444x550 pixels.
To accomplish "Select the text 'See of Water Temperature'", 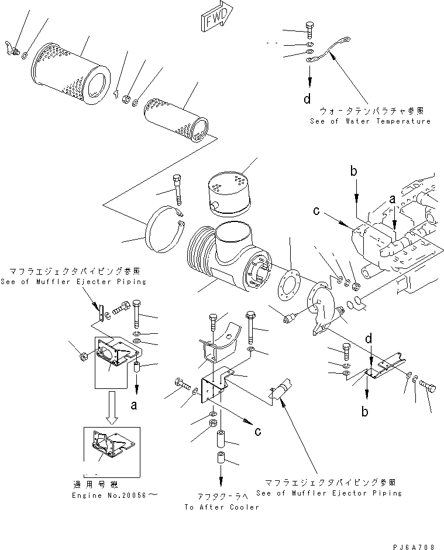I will pyautogui.click(x=370, y=121).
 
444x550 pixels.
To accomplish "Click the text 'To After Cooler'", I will pyautogui.click(x=221, y=507).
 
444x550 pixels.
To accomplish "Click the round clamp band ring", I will pyautogui.click(x=164, y=234).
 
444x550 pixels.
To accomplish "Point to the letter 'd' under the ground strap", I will pyautogui.click(x=307, y=99).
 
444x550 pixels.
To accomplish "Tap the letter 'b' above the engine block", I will pyautogui.click(x=353, y=172).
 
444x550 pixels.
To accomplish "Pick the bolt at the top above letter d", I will pyautogui.click(x=309, y=28).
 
